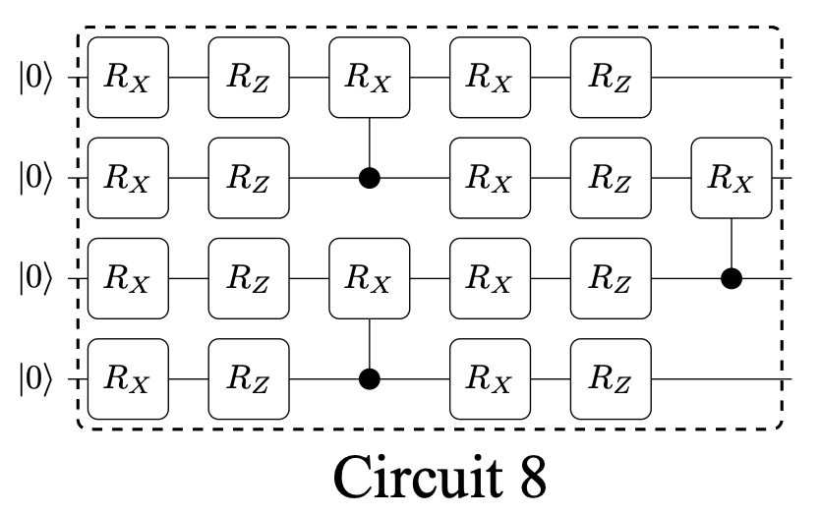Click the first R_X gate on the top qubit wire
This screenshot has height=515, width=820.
pos(128,78)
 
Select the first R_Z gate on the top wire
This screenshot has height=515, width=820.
pos(249,78)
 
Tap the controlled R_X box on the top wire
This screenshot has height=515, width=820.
pos(370,78)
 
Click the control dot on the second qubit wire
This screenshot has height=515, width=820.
pos(370,179)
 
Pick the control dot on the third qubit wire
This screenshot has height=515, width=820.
pos(731,279)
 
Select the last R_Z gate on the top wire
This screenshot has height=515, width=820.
pos(611,78)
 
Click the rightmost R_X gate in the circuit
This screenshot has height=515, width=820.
pos(731,179)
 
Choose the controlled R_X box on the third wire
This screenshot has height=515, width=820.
pos(370,279)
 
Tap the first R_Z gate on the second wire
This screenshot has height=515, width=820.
pos(249,179)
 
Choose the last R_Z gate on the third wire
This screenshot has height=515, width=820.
pos(611,279)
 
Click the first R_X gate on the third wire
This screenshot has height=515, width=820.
pos(128,279)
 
